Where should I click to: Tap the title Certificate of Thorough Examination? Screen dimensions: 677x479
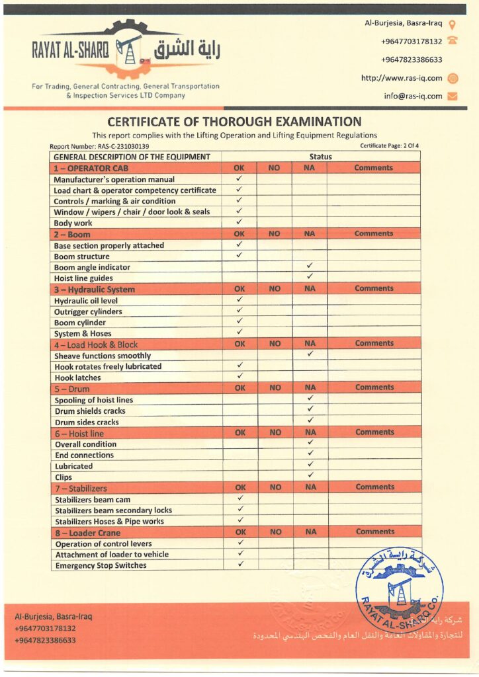(234, 122)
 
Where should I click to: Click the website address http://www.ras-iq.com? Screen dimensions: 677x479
(401, 78)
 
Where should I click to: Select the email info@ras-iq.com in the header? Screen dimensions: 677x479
(413, 96)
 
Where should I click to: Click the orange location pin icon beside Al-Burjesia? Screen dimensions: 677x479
(453, 24)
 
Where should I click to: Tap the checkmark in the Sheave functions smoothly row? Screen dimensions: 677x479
(310, 354)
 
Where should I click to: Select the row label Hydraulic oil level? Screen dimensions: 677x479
(87, 300)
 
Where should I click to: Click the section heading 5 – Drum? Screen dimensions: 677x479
(72, 389)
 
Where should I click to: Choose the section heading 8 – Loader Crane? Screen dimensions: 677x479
(87, 532)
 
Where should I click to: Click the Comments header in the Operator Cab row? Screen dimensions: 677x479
(374, 168)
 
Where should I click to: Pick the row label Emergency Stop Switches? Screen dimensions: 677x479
(101, 565)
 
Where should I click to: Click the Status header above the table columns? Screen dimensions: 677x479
(321, 157)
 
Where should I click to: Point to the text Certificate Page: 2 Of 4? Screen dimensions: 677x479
(389, 145)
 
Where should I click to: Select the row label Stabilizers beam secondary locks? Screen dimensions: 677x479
(113, 510)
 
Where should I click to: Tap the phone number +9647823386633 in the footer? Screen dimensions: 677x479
(45, 640)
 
